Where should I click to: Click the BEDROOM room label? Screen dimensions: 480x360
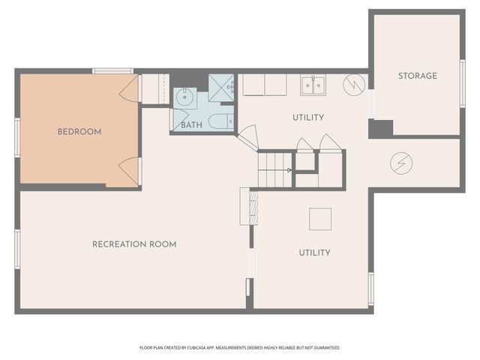click(x=79, y=132)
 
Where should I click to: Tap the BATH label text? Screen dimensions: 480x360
click(x=192, y=125)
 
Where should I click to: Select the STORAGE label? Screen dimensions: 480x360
click(x=418, y=76)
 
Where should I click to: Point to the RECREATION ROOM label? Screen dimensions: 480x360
click(x=134, y=244)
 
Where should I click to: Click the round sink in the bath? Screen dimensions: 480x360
click(x=185, y=98)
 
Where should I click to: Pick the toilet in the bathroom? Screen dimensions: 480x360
click(x=221, y=121)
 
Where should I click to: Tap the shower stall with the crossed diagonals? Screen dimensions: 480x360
click(x=221, y=88)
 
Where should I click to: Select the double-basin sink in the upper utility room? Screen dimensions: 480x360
click(x=313, y=85)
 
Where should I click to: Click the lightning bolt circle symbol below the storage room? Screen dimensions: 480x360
click(x=401, y=163)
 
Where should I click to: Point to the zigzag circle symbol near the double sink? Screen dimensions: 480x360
click(x=354, y=85)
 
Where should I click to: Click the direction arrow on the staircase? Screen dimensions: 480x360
click(x=289, y=170)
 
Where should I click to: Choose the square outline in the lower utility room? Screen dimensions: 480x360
click(x=320, y=219)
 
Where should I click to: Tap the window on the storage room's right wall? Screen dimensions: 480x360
click(x=463, y=84)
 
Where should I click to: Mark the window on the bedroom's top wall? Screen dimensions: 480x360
click(x=113, y=71)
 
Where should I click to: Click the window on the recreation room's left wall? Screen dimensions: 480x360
click(x=17, y=249)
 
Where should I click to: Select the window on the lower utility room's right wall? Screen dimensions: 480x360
click(x=371, y=289)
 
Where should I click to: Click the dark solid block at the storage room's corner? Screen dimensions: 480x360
click(x=380, y=129)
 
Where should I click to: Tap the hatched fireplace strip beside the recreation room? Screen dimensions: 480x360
click(x=253, y=208)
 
